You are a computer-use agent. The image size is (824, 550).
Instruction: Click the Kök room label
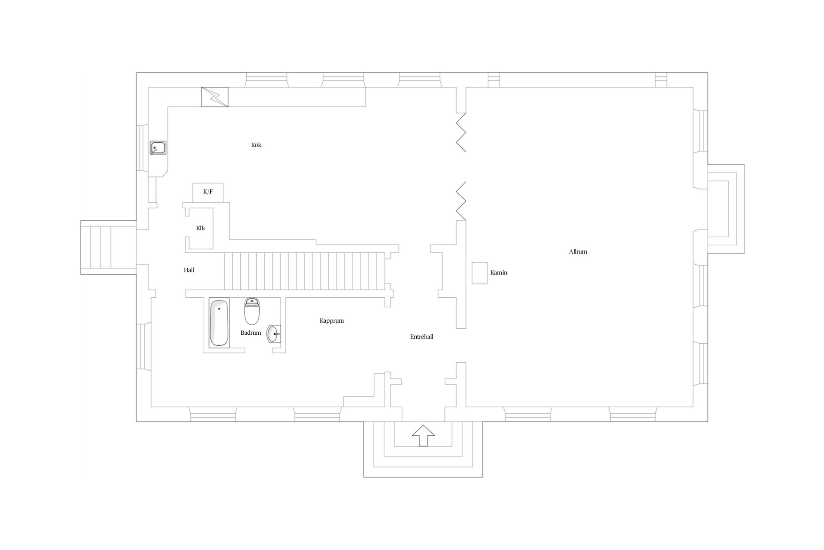[256, 145]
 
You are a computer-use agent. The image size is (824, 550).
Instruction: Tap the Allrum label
[578, 252]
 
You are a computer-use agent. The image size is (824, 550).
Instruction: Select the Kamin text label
[499, 272]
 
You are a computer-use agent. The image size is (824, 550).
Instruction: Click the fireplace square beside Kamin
[480, 273]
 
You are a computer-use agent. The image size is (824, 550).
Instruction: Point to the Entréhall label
[421, 337]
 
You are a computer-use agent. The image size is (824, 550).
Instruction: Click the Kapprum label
[332, 321]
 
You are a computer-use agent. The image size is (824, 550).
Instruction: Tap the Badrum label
[251, 333]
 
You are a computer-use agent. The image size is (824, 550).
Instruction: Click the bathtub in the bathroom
[219, 322]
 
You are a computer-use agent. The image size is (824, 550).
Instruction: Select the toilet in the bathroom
[252, 311]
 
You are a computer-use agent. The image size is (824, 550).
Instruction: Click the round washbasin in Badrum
[273, 334]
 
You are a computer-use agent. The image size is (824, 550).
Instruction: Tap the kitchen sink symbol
[158, 148]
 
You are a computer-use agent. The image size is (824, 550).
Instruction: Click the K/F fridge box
[208, 192]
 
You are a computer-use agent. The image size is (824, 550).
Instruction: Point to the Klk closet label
[200, 228]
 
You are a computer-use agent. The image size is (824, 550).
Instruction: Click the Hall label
[189, 270]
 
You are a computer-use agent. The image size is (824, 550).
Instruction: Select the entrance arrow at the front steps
[423, 436]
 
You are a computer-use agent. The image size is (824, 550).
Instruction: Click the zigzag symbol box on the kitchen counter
[215, 97]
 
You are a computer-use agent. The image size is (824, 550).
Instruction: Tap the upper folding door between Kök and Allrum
[461, 132]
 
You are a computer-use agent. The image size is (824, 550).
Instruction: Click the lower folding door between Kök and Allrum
[461, 201]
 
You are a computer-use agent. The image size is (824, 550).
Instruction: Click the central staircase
[304, 272]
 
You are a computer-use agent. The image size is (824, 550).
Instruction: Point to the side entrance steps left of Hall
[109, 247]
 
